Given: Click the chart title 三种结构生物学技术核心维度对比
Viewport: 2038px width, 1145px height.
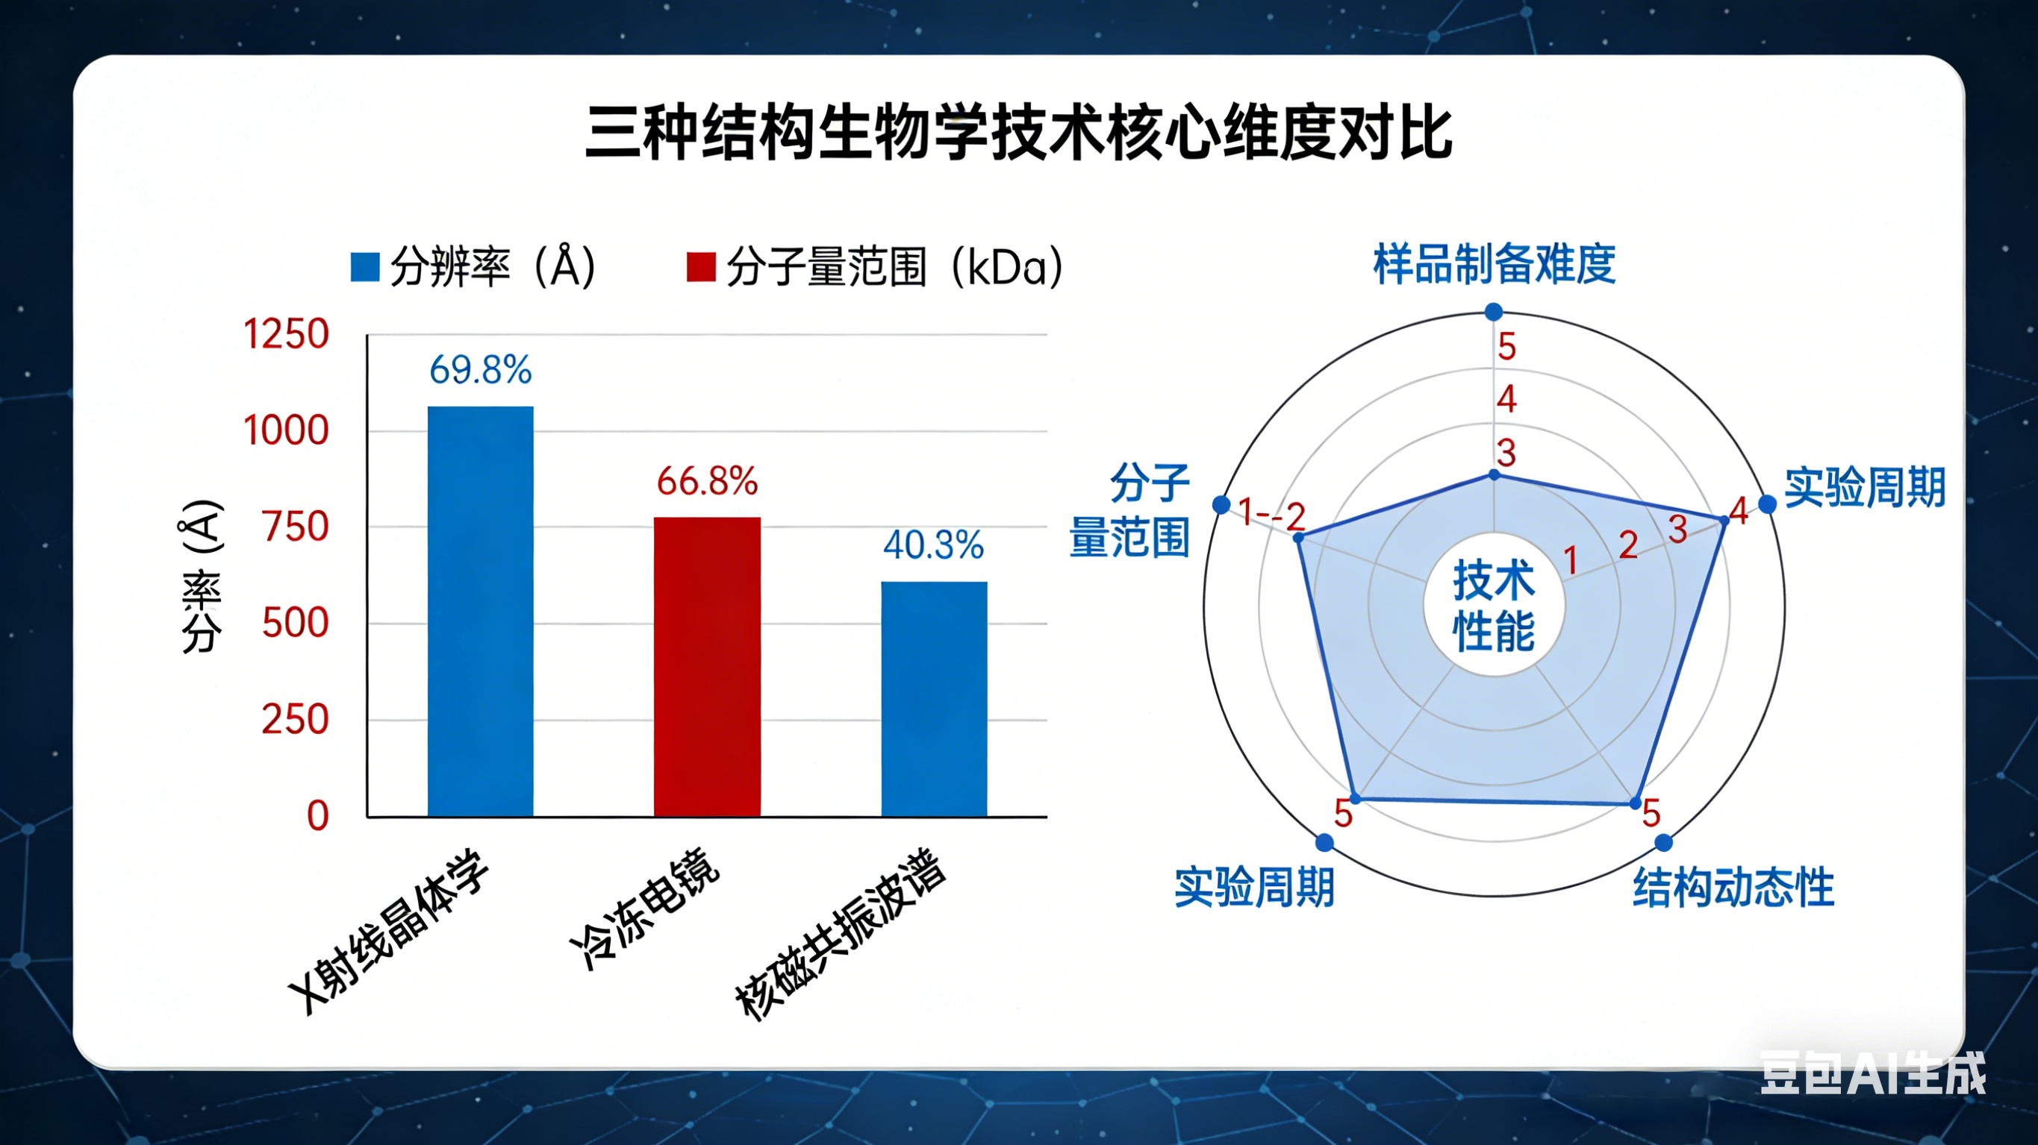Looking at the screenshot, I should (1018, 133).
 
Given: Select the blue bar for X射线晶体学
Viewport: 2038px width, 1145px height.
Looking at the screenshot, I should (480, 610).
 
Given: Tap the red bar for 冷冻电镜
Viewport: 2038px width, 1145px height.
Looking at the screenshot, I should (706, 666).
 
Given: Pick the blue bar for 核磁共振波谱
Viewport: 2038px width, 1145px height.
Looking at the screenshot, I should (934, 698).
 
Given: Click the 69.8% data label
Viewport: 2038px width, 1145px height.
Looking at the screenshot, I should (480, 370).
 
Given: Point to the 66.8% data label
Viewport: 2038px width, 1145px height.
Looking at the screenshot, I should (706, 481).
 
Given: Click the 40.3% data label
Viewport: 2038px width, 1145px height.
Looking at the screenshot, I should (934, 545).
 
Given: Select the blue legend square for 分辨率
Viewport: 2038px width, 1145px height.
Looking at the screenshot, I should (365, 267).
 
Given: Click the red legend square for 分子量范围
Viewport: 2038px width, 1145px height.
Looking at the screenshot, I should (700, 267).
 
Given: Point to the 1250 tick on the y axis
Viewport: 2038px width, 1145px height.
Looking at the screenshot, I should (286, 333).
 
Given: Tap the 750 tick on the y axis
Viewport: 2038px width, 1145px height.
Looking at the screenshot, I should (295, 527).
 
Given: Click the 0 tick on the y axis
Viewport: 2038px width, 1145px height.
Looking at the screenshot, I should (317, 815).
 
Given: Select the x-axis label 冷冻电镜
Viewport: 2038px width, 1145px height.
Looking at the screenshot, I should (645, 909).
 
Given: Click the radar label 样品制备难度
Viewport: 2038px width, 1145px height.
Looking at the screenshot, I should (1494, 264).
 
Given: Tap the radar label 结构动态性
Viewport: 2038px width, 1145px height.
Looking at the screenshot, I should (1733, 887).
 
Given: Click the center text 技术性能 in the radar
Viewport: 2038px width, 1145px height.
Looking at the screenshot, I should (1494, 606).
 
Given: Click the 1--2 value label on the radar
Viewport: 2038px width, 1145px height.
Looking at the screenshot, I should (1271, 514).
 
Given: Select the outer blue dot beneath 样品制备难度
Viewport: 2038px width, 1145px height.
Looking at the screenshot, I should (1494, 312).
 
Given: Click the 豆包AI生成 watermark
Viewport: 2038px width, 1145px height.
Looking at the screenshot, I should (1872, 1074).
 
